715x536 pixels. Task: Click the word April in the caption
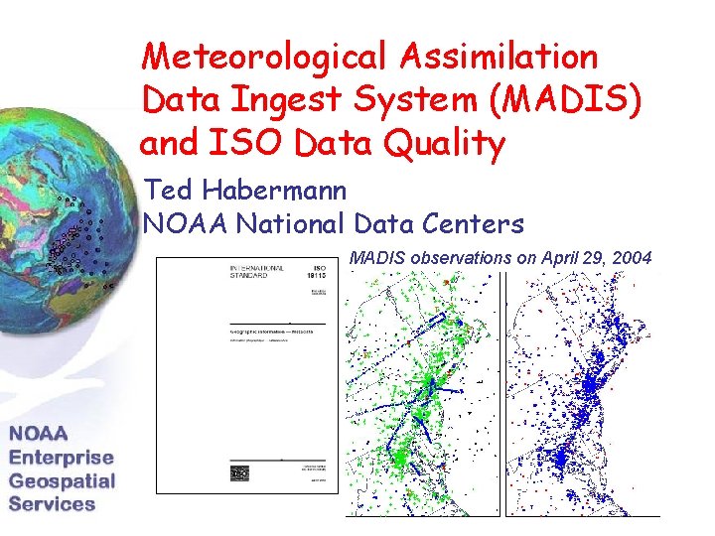556,259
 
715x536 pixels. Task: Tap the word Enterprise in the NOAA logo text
62,458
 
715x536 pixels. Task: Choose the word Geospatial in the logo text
62,481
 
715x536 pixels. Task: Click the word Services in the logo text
52,503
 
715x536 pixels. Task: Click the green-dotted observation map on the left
423,392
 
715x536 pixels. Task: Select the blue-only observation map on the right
583,392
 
